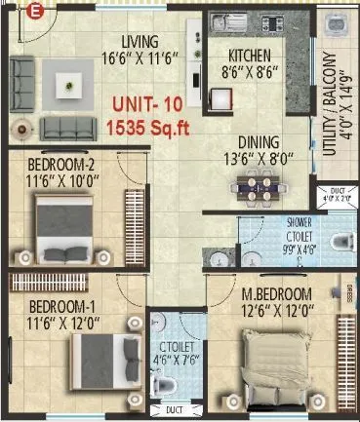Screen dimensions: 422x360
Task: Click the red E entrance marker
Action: tap(34, 12)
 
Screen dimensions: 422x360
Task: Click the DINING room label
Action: tap(258, 141)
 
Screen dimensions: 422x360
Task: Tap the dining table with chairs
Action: tap(256, 182)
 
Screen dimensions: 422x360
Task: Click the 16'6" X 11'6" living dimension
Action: tap(140, 57)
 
